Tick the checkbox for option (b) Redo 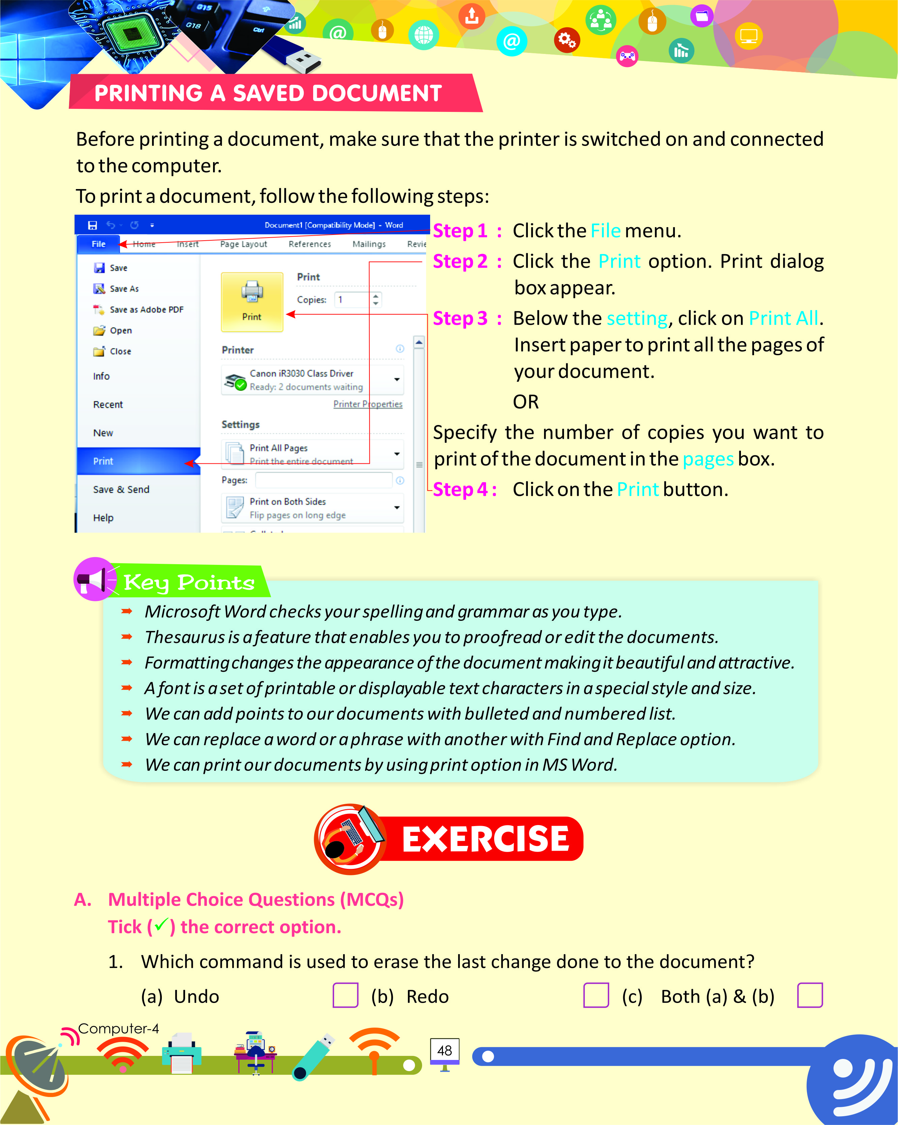click(596, 995)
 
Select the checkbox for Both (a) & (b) click(810, 995)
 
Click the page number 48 click(445, 1051)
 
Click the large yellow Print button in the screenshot click(252, 302)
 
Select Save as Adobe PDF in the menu click(146, 309)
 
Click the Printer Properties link click(368, 404)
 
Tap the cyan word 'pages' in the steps click(708, 459)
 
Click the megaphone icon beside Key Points click(94, 579)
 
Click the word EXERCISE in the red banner click(485, 839)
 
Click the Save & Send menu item click(121, 489)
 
